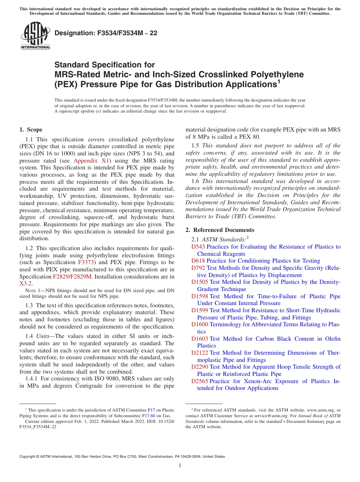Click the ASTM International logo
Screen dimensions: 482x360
click(35, 36)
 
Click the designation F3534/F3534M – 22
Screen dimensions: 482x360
click(106, 33)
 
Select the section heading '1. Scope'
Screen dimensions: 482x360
click(31, 130)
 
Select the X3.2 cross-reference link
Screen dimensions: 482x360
click(26, 283)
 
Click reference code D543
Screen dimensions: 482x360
click(198, 247)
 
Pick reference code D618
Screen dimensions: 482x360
click(198, 261)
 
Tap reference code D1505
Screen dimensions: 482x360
click(199, 282)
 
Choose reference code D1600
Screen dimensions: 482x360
click(199, 324)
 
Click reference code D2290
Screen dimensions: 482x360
click(199, 367)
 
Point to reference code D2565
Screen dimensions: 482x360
click(199, 381)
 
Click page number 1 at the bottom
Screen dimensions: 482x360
click(180, 465)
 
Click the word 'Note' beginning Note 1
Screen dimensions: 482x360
click(29, 291)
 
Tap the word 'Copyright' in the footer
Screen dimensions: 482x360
click(29, 457)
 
